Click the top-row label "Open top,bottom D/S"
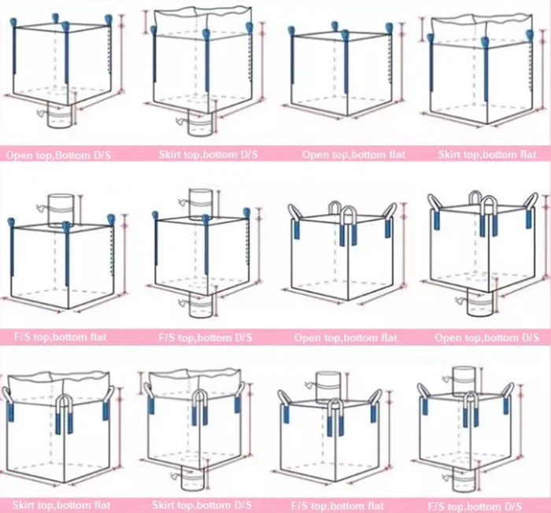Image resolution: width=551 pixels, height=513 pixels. tap(59, 155)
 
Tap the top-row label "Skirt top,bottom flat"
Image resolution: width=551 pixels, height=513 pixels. tap(487, 155)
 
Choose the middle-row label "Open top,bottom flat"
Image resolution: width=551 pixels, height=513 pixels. tap(346, 338)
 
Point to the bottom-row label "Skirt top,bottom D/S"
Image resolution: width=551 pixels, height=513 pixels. tap(202, 504)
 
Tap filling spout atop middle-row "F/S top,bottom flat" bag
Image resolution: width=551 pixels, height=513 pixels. tap(61, 210)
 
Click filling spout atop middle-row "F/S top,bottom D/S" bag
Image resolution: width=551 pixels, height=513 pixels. tap(200, 204)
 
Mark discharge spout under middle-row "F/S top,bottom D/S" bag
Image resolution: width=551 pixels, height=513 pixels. tap(200, 302)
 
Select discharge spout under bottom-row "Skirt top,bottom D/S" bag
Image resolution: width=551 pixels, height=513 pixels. tap(194, 477)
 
